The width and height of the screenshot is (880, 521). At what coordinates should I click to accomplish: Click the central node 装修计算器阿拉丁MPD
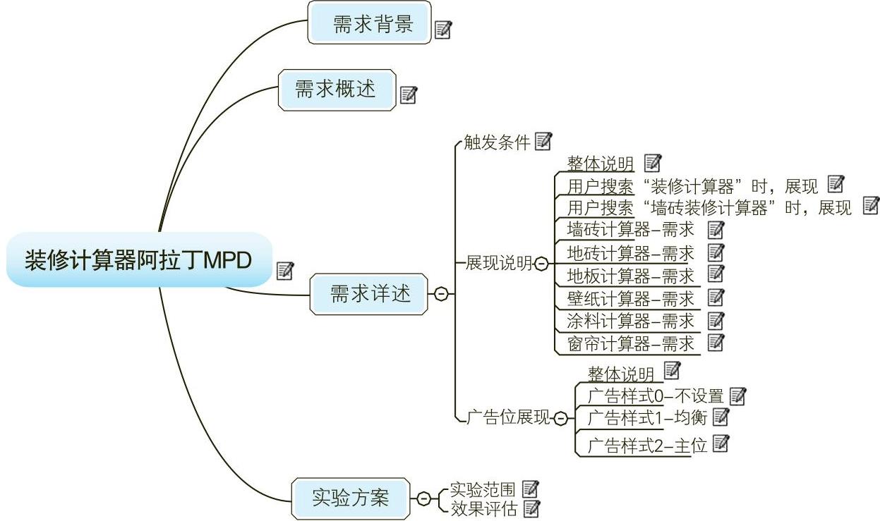click(x=138, y=260)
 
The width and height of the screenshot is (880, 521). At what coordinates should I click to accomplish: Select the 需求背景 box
click(x=369, y=23)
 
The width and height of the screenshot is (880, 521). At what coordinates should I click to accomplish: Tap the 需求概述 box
click(x=337, y=90)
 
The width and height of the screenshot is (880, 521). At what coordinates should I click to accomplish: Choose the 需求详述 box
click(x=370, y=294)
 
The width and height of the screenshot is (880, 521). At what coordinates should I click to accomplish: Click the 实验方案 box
click(x=351, y=498)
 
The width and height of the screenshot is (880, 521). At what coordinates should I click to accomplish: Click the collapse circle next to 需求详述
click(x=441, y=294)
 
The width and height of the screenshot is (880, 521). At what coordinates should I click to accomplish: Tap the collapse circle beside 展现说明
click(x=541, y=264)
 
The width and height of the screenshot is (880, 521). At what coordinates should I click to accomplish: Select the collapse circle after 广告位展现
click(x=560, y=419)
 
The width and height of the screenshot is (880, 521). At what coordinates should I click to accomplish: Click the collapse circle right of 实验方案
click(x=423, y=498)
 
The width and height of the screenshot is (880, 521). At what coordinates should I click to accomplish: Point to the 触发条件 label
click(x=497, y=143)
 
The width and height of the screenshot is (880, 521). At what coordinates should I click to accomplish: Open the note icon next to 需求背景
click(x=443, y=30)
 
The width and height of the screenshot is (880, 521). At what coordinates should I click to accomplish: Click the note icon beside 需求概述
click(x=409, y=94)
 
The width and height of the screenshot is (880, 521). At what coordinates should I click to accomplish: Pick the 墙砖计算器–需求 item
click(x=630, y=230)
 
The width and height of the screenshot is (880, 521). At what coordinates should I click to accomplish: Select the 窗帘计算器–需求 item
click(x=630, y=344)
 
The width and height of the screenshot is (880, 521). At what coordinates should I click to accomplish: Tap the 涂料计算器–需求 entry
click(x=630, y=321)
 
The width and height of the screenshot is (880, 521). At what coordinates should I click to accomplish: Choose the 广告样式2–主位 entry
click(x=646, y=446)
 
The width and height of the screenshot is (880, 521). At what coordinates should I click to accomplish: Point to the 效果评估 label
click(x=483, y=508)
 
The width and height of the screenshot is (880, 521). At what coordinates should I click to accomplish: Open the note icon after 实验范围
click(x=530, y=488)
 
